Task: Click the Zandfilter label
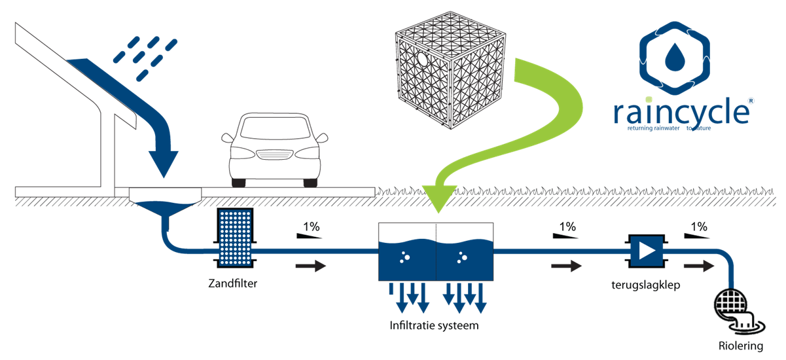coord(232,283)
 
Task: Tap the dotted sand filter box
coord(235,238)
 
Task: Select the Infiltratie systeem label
coord(434,325)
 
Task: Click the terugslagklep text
coord(646,285)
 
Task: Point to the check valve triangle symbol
coord(647,251)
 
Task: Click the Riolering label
coord(741,346)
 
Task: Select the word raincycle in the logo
coord(681,111)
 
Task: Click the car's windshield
coord(275,128)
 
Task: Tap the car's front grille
coord(275,154)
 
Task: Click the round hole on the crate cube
coord(423,59)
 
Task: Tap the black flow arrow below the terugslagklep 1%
coord(566,266)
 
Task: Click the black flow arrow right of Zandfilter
coord(311,266)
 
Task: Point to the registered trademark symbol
coord(751,101)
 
